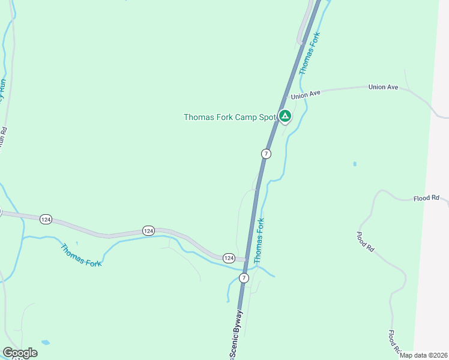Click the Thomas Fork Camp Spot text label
(x=229, y=117)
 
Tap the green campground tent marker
(x=285, y=116)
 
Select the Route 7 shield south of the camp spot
(x=266, y=154)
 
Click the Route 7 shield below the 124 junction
(x=244, y=278)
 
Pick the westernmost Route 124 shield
(x=46, y=220)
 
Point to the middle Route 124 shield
(x=149, y=230)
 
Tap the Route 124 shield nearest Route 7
(x=229, y=258)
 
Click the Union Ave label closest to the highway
(x=306, y=94)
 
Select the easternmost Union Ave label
(x=384, y=88)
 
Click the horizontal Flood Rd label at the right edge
(x=427, y=198)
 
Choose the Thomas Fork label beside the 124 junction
(x=259, y=241)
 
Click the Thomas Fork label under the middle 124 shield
(x=81, y=254)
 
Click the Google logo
(x=20, y=353)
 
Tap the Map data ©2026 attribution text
(x=423, y=355)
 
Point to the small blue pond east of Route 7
(x=355, y=163)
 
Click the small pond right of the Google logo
(x=46, y=343)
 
